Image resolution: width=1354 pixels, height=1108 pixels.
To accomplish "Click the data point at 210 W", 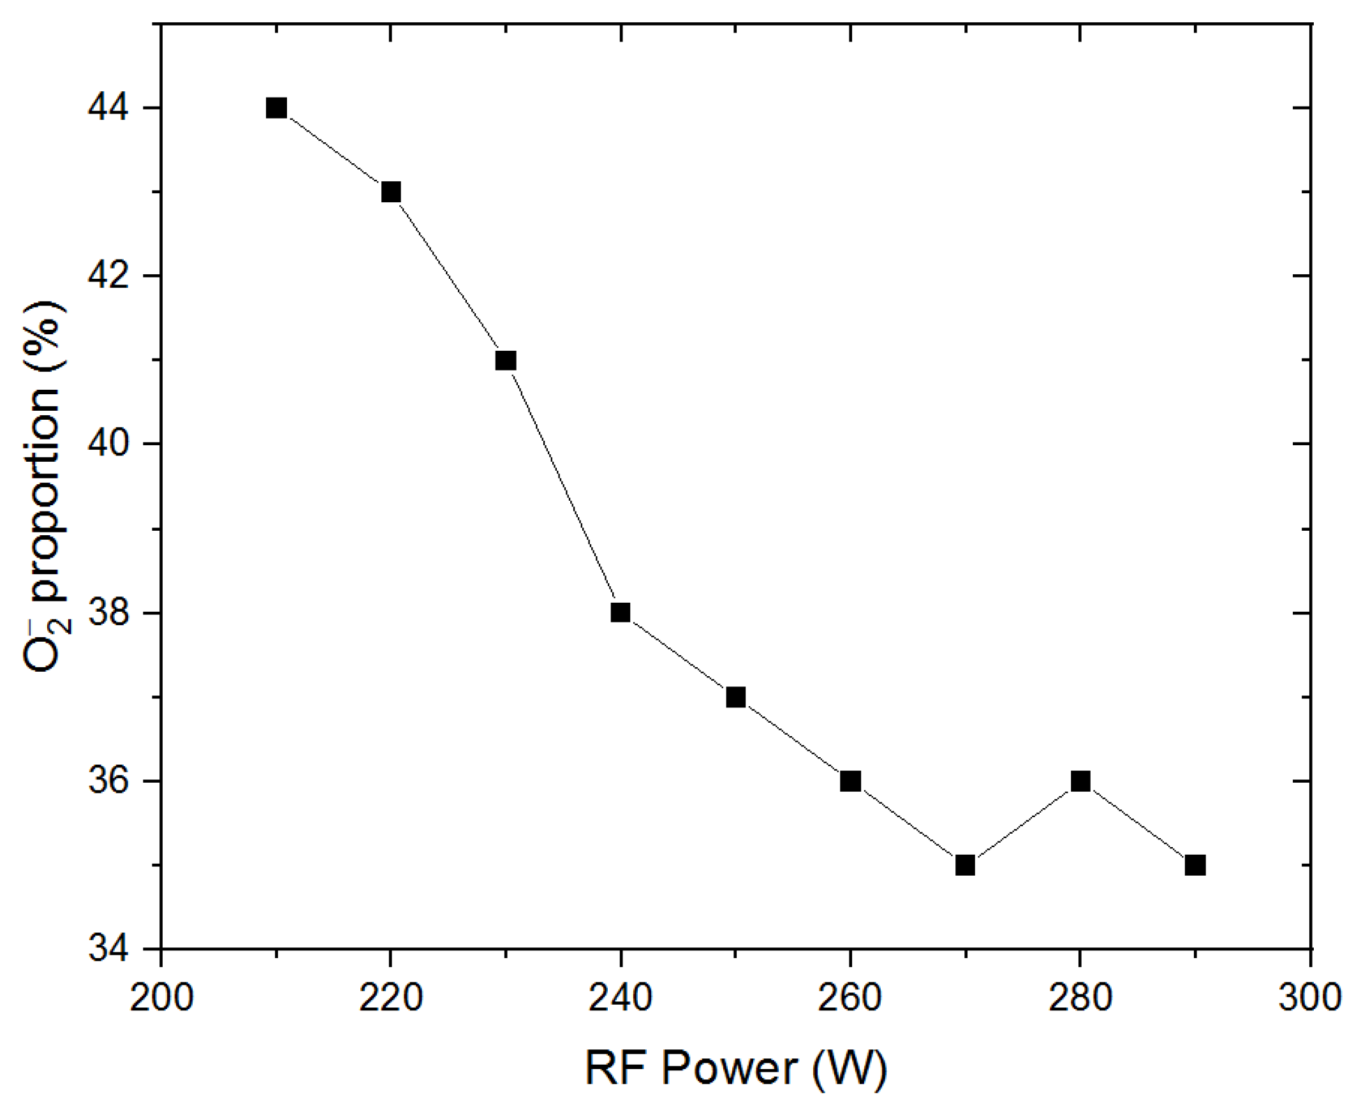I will (x=276, y=108).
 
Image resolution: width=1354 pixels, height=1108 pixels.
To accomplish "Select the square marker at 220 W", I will (x=390, y=191).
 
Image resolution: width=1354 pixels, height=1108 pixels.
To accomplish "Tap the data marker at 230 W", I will (x=505, y=360).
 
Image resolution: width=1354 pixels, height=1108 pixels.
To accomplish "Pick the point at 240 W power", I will (x=620, y=613).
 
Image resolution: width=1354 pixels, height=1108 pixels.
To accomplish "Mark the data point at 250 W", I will (x=735, y=697).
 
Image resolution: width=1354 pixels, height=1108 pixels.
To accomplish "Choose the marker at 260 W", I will (x=850, y=781).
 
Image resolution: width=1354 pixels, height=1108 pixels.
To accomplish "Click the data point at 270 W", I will (x=965, y=866).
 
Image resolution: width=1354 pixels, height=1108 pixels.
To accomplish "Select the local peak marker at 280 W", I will (x=1080, y=781).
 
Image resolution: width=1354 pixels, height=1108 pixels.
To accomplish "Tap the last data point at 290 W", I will (x=1195, y=866).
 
